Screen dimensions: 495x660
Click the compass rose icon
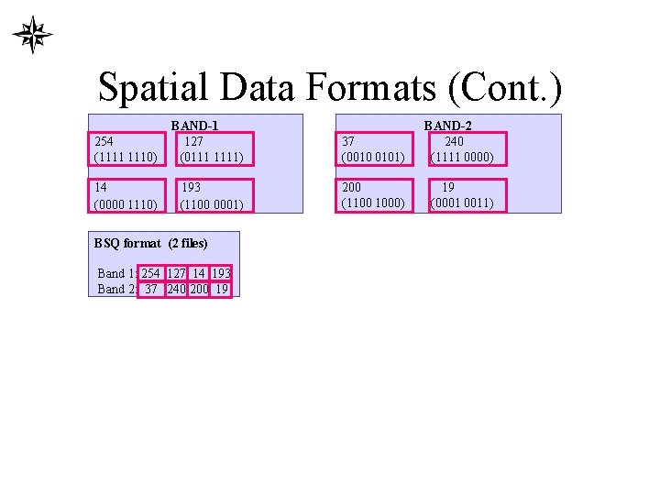click(x=32, y=35)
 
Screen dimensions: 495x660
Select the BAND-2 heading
click(x=447, y=126)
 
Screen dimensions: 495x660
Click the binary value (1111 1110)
click(x=126, y=157)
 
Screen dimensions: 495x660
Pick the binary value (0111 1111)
click(x=212, y=157)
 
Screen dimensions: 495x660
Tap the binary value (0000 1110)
click(x=126, y=203)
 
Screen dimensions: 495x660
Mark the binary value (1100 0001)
click(x=212, y=203)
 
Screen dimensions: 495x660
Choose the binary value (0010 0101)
click(x=373, y=157)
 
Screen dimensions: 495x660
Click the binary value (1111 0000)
click(x=462, y=157)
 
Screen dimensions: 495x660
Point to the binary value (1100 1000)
click(x=373, y=202)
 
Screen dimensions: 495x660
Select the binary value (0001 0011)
click(x=462, y=203)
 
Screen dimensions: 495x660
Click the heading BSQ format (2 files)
click(x=151, y=243)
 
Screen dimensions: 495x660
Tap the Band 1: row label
click(x=116, y=273)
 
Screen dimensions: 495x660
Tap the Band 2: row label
click(x=116, y=289)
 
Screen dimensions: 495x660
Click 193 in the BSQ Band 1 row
click(x=221, y=273)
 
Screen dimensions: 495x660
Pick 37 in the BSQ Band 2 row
click(x=151, y=289)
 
